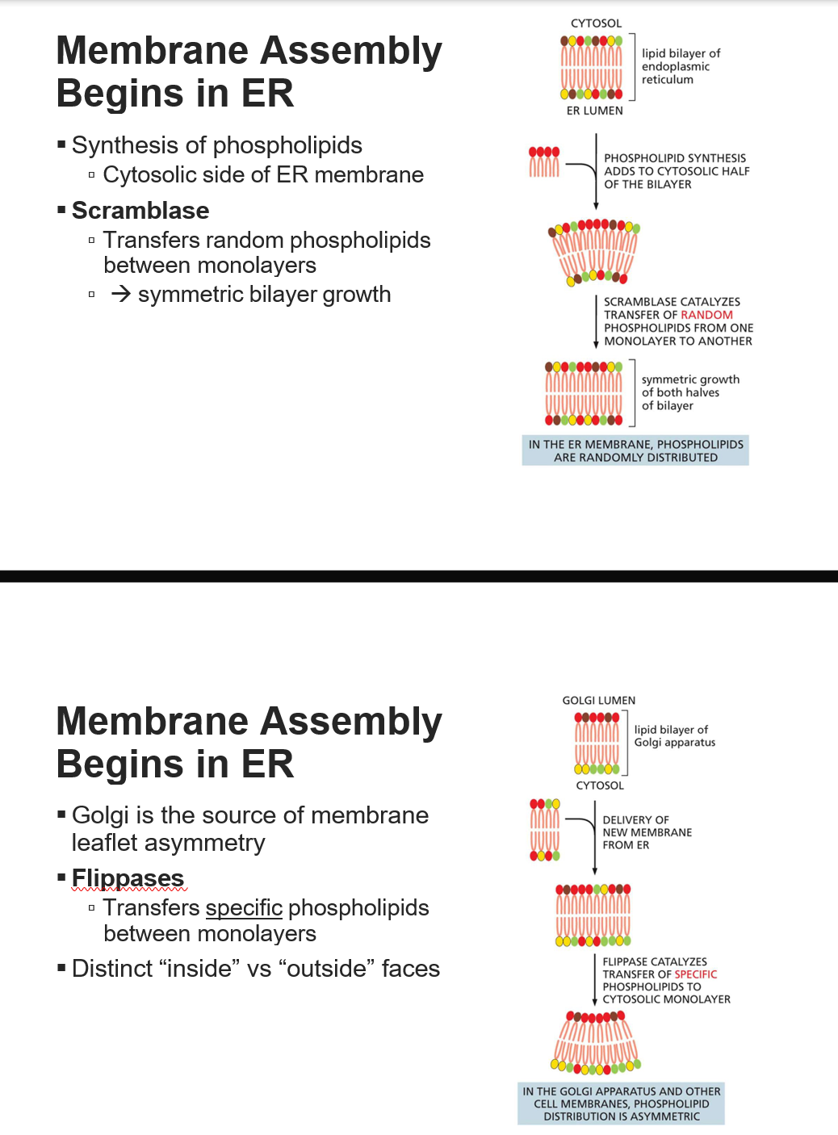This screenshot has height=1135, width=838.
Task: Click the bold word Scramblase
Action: [x=140, y=211]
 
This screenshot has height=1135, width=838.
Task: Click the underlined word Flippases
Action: [x=128, y=878]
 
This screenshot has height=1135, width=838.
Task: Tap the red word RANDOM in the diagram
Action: [x=706, y=315]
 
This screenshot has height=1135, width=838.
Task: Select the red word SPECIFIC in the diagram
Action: [x=695, y=974]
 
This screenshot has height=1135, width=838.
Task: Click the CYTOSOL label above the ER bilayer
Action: [x=596, y=23]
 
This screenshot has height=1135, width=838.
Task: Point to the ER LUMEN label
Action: [x=594, y=111]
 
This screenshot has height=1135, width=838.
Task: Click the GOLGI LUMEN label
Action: [x=598, y=701]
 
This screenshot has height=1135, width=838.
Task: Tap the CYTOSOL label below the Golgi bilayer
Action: [x=599, y=785]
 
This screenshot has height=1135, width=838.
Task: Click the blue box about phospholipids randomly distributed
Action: [x=635, y=450]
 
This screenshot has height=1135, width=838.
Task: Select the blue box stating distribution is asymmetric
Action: [x=621, y=1104]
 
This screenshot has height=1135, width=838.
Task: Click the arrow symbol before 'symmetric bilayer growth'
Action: [x=121, y=294]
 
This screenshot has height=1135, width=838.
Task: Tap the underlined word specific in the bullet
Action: [x=244, y=908]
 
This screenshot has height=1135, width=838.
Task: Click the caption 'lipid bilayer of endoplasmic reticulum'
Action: [x=680, y=66]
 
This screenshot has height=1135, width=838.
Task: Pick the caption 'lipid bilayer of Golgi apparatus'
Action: [x=674, y=736]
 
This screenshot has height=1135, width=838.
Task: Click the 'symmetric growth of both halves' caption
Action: [x=689, y=392]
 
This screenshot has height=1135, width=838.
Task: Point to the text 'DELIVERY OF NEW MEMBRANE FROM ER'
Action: [x=647, y=832]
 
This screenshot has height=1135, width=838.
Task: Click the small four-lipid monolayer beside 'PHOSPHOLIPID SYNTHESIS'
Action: [x=543, y=161]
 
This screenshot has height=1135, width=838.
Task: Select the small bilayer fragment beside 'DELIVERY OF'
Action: [x=544, y=830]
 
